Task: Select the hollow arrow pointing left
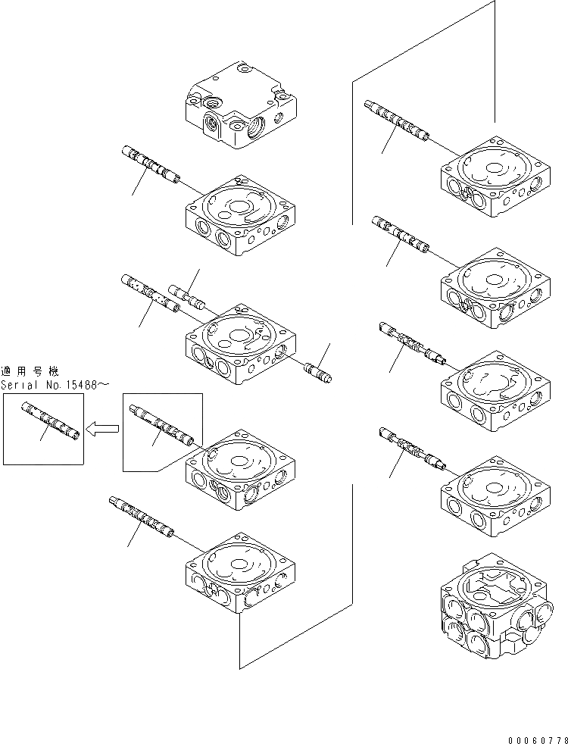pos(102,430)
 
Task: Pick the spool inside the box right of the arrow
pos(162,427)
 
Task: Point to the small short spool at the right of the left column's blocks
pos(317,372)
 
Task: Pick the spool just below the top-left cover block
pos(151,164)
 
